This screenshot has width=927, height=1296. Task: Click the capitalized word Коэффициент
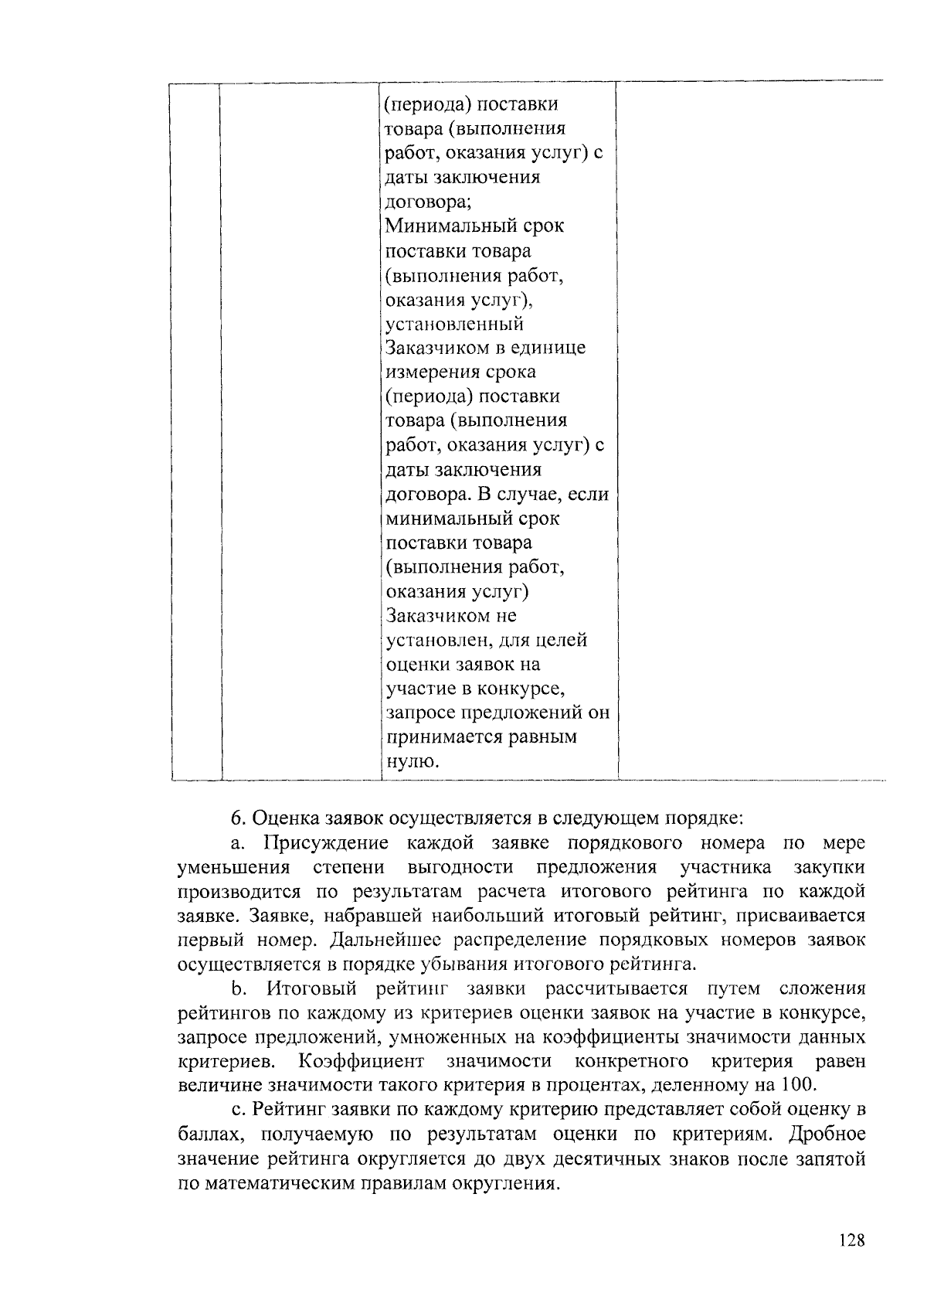coord(362,1060)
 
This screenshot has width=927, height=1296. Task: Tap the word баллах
coord(207,1134)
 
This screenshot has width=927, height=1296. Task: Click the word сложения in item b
coord(823,989)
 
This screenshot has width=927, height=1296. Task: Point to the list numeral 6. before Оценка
coord(238,818)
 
